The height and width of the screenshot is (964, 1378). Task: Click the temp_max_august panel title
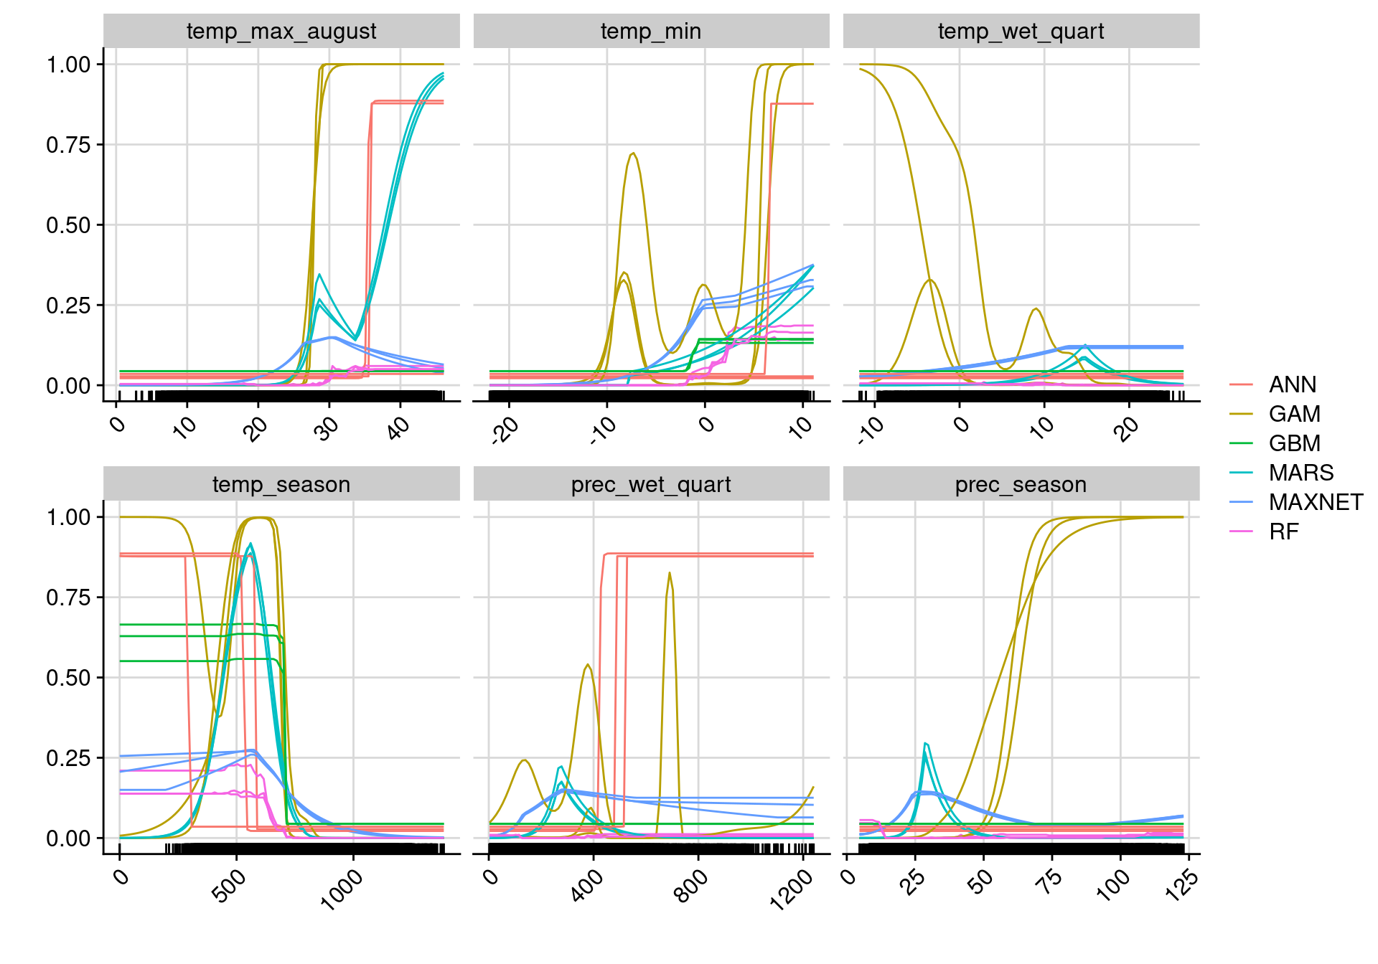click(281, 32)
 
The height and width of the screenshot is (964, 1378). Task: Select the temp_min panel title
click(651, 32)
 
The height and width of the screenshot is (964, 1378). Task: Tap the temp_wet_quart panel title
click(1021, 32)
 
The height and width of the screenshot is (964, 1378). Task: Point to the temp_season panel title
click(281, 485)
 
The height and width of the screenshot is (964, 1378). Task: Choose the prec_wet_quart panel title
click(651, 485)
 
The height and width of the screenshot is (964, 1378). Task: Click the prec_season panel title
click(1021, 485)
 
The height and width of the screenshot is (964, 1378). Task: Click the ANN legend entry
click(1292, 385)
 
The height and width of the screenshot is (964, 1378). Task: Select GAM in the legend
click(1294, 415)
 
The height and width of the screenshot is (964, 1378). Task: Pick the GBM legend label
click(1294, 444)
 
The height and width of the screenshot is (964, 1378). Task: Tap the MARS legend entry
click(1300, 473)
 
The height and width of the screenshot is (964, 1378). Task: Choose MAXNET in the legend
click(1316, 503)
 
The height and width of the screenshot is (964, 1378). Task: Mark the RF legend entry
click(1283, 532)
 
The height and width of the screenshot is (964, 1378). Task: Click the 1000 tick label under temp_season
click(342, 889)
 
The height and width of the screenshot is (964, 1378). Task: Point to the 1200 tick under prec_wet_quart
click(792, 889)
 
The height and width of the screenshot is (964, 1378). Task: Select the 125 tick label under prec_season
click(1181, 884)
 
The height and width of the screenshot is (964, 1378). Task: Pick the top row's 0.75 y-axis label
click(70, 145)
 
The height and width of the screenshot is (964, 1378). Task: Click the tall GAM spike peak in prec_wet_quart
click(670, 572)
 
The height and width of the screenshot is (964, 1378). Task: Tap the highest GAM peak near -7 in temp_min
click(633, 153)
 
